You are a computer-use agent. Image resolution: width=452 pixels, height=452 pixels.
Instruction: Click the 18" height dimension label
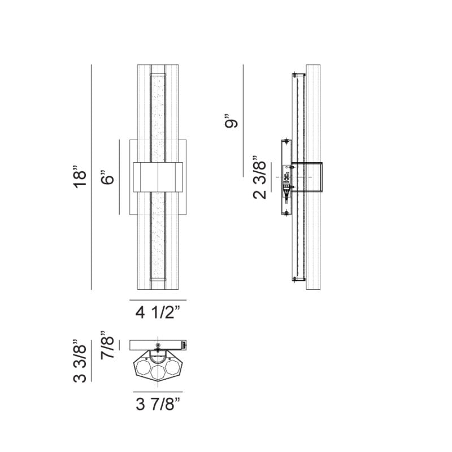pyautogui.click(x=80, y=177)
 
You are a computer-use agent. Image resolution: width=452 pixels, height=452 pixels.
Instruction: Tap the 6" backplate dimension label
pyautogui.click(x=107, y=177)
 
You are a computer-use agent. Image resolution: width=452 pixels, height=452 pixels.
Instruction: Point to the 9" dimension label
pyautogui.click(x=232, y=121)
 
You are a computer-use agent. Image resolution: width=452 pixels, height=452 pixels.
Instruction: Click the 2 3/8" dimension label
pyautogui.click(x=259, y=177)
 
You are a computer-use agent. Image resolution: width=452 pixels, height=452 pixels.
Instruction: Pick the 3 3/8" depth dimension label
pyautogui.click(x=80, y=361)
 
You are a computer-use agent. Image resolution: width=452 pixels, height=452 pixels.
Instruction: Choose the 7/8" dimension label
pyautogui.click(x=107, y=345)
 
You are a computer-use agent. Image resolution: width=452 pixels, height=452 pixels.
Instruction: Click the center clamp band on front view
pyautogui.click(x=158, y=177)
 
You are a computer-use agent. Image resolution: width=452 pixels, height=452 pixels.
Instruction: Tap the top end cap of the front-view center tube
pyautogui.click(x=158, y=75)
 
